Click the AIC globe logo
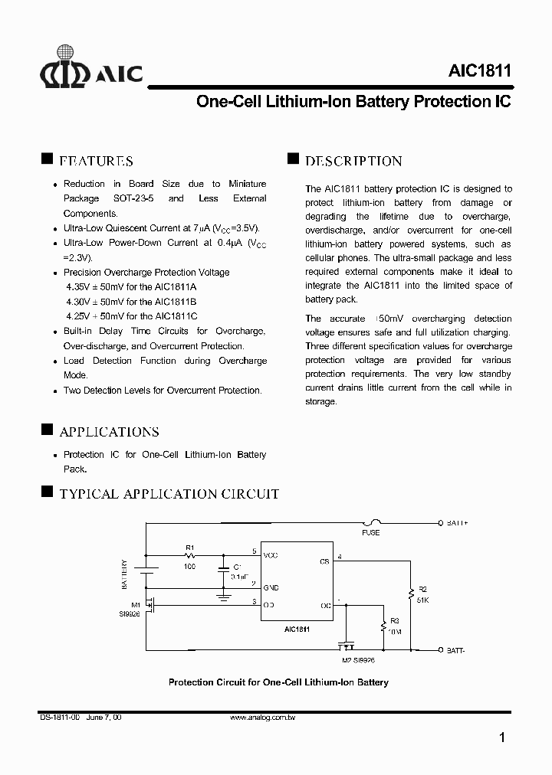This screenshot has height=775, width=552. [65, 67]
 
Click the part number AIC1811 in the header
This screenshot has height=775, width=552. [480, 71]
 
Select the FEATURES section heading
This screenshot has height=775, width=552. [96, 161]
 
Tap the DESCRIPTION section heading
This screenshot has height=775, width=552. [353, 161]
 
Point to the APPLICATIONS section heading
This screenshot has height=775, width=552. [109, 432]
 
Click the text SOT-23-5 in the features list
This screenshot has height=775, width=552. [128, 198]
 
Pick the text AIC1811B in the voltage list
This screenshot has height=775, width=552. [176, 302]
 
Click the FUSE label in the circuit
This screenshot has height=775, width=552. [371, 532]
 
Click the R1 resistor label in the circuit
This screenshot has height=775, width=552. [189, 547]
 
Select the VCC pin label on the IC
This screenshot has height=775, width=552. [271, 554]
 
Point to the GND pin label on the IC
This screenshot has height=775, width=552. [271, 587]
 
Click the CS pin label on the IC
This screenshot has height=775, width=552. [324, 561]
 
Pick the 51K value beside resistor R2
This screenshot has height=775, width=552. [422, 601]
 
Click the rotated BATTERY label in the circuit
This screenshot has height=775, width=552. [123, 574]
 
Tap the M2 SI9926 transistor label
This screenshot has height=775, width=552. [358, 659]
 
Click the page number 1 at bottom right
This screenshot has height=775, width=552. [501, 738]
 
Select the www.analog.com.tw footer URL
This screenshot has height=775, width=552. [263, 718]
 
